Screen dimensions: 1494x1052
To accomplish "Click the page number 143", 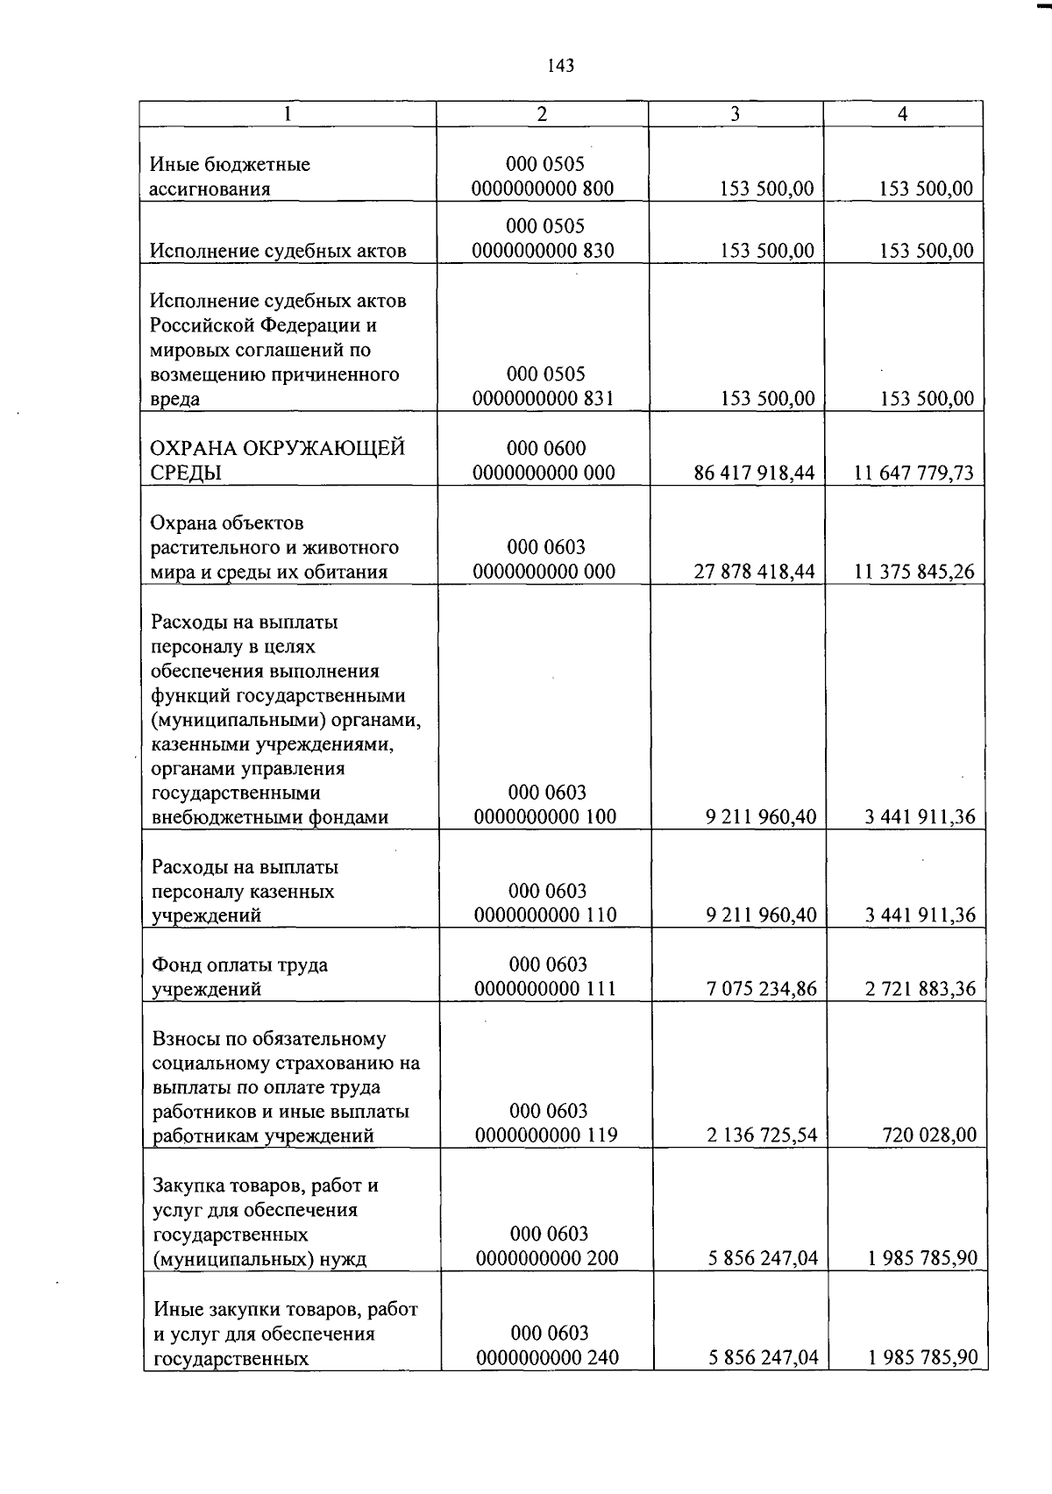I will [560, 65].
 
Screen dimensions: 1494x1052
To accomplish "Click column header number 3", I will [735, 114].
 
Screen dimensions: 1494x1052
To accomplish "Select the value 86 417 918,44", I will [754, 473].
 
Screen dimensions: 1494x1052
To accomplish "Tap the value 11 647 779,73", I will [913, 473].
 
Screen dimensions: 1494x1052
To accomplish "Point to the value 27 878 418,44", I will [754, 573].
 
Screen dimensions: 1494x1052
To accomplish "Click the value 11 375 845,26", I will [913, 573].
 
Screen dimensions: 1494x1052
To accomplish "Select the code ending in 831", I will [544, 387].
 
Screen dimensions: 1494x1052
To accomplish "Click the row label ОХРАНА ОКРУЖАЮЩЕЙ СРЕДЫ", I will [278, 460].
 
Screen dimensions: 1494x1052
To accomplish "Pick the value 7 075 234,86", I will [761, 990].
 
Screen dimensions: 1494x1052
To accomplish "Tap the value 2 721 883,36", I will [920, 990].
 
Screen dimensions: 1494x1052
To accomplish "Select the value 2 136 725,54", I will [761, 1135].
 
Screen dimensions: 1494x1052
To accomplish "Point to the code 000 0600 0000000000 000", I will [544, 460].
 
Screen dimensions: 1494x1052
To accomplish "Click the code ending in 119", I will [546, 1123].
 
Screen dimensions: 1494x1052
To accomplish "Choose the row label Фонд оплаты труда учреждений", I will [240, 978].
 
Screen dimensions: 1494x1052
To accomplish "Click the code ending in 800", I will [543, 176].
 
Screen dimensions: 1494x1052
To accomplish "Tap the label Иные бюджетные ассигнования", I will [230, 176].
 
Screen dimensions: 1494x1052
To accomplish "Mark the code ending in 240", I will [548, 1346].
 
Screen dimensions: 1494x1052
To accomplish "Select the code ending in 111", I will [545, 977].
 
